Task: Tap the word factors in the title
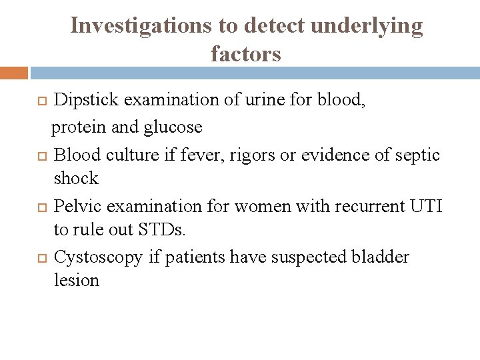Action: point(246,53)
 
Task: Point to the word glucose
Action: point(173,126)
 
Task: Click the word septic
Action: point(417,155)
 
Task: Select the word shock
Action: point(76,179)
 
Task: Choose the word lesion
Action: point(77,281)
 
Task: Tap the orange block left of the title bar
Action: point(14,73)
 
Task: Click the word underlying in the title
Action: point(365,25)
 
